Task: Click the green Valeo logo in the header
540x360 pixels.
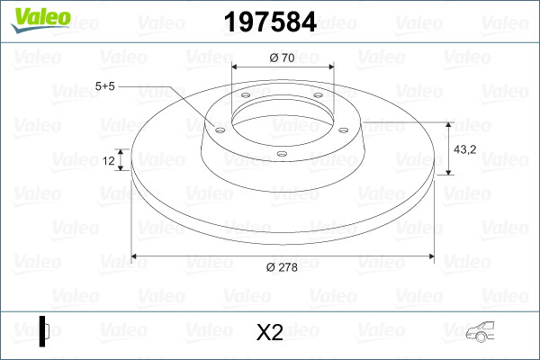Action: pos(41,20)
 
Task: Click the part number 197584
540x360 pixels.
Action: pos(270,22)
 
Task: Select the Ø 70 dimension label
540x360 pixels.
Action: pos(282,58)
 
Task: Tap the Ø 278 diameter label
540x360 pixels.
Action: pos(282,267)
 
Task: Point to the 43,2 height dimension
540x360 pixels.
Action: pos(465,149)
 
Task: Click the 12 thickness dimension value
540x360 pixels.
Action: pos(109,160)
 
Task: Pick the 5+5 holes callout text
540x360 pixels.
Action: pos(105,86)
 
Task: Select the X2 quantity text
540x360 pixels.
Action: pos(270,332)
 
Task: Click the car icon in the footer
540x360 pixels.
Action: pos(480,332)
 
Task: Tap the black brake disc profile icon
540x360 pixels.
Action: pos(44,331)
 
